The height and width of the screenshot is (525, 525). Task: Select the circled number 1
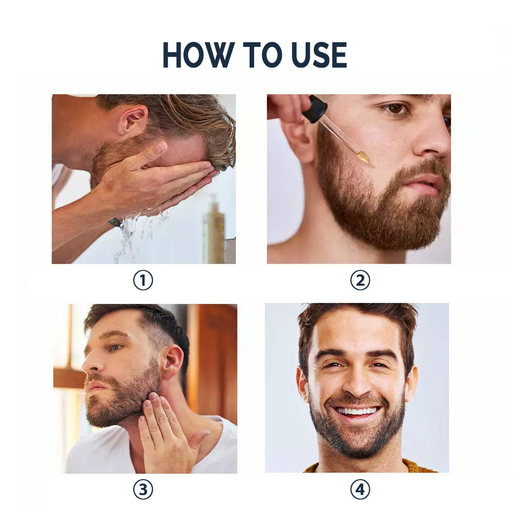[x=142, y=281]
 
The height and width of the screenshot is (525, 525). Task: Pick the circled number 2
[x=360, y=281]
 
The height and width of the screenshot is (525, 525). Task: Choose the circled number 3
[x=142, y=490]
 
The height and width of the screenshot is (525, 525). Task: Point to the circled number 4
[x=360, y=490]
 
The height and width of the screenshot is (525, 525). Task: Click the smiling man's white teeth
[x=356, y=411]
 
